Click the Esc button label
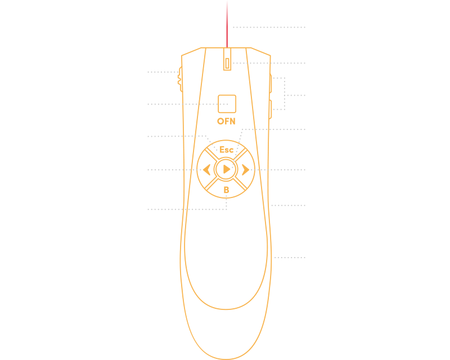coord(226,150)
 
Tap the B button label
coord(227,190)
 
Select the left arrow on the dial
coord(206,170)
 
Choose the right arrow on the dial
coord(245,170)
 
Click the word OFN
coord(226,121)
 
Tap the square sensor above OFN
coord(227,104)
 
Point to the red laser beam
coord(227,24)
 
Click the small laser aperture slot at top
coord(227,64)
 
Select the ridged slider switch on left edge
coord(180,79)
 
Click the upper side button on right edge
coord(271,84)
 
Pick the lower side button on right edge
coord(271,109)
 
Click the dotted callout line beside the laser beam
coord(269,27)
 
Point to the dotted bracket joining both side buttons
coord(285,93)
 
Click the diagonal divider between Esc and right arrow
coord(241,154)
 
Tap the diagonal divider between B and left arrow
coord(211,184)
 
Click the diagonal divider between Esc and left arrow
coord(212,155)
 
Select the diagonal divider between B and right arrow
coord(240,184)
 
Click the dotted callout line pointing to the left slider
coord(163,72)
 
